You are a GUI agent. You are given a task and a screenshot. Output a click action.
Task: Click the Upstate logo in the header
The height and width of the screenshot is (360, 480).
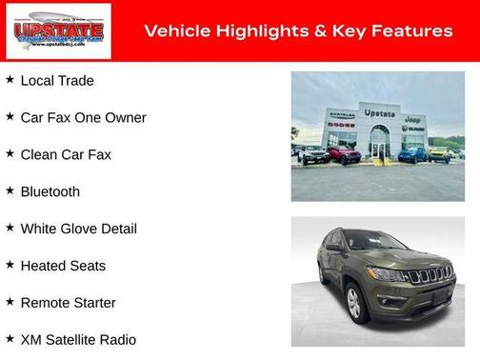(x=58, y=31)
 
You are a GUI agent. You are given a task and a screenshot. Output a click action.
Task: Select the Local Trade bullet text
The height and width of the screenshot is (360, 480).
(x=57, y=81)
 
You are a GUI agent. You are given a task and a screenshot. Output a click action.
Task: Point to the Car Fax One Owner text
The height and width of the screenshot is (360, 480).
(x=83, y=118)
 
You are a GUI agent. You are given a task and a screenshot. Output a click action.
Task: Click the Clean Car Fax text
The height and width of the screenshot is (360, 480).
(x=66, y=154)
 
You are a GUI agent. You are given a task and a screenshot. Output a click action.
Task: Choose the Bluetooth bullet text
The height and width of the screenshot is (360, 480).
(x=50, y=191)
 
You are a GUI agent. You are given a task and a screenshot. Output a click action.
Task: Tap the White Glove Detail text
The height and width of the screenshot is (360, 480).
(x=78, y=229)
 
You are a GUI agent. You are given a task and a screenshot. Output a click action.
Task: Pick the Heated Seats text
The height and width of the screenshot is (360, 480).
(x=63, y=266)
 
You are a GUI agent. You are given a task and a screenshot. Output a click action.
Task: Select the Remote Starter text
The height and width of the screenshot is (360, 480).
(x=68, y=303)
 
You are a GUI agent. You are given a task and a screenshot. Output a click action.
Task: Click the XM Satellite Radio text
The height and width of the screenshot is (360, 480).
(x=78, y=340)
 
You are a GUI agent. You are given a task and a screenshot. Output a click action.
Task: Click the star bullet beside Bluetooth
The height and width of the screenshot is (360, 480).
(x=10, y=190)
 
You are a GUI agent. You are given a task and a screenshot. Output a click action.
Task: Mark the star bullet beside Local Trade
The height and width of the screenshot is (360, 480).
(x=10, y=80)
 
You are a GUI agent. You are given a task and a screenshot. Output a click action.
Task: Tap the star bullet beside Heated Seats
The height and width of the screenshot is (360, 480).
(x=10, y=265)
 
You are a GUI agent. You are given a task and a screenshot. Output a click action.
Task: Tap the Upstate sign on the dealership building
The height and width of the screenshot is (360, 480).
(x=380, y=112)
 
